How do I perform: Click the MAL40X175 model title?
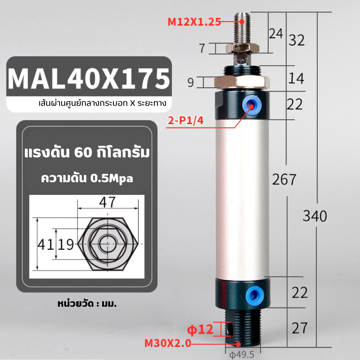pyautogui.click(x=89, y=79)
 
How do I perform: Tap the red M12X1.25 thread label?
pyautogui.click(x=194, y=22)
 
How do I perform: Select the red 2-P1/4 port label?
pyautogui.click(x=185, y=121)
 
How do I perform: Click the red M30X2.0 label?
pyautogui.click(x=168, y=343)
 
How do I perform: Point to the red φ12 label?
pyautogui.click(x=200, y=329)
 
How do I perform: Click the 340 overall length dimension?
pyautogui.click(x=315, y=216)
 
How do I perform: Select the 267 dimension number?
pyautogui.click(x=284, y=179)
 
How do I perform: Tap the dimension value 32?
pyautogui.click(x=297, y=40)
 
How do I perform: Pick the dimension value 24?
pyautogui.click(x=276, y=34)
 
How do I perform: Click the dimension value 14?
pyautogui.click(x=296, y=78)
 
